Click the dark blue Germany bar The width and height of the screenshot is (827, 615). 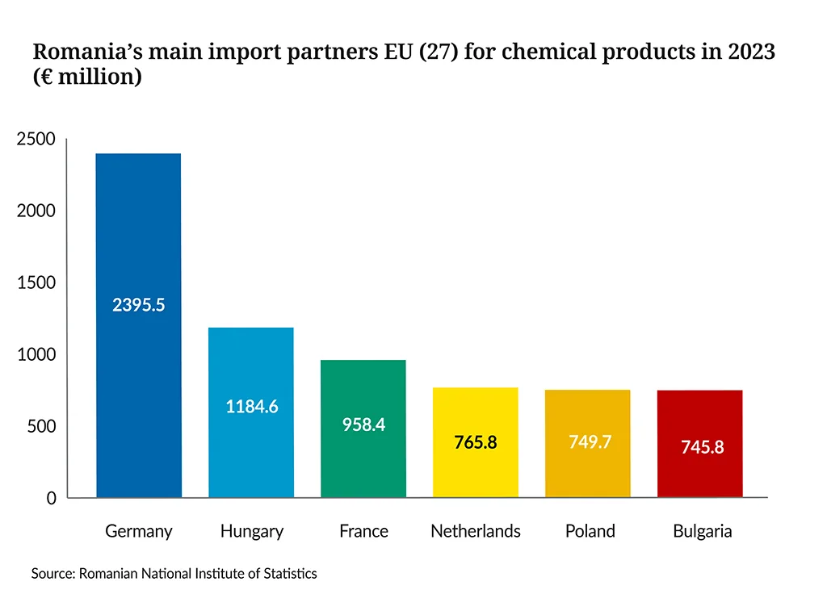click(x=139, y=325)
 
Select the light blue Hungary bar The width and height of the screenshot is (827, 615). click(x=251, y=412)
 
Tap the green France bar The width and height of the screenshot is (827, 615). click(x=363, y=429)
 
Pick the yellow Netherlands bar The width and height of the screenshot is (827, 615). click(x=476, y=442)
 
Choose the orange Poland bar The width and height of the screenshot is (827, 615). click(x=588, y=444)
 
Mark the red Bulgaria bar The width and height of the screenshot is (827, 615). click(x=700, y=444)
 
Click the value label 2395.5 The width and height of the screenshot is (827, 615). click(x=139, y=304)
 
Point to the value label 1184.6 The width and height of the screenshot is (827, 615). click(x=252, y=406)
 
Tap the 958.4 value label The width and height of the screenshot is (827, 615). click(x=363, y=425)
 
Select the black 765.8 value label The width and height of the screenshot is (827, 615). click(x=476, y=442)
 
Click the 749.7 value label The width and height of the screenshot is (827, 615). click(x=590, y=441)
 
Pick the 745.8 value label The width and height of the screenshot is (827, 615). click(x=702, y=447)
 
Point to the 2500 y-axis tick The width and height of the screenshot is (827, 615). click(x=36, y=139)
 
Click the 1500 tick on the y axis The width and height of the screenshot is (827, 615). click(x=36, y=282)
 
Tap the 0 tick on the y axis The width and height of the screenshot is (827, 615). click(x=51, y=498)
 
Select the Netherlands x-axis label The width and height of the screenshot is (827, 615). click(x=475, y=531)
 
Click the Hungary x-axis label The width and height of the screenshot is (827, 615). click(x=252, y=531)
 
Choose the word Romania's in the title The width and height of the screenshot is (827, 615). click(x=87, y=52)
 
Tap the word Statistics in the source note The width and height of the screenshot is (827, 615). click(x=290, y=573)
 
